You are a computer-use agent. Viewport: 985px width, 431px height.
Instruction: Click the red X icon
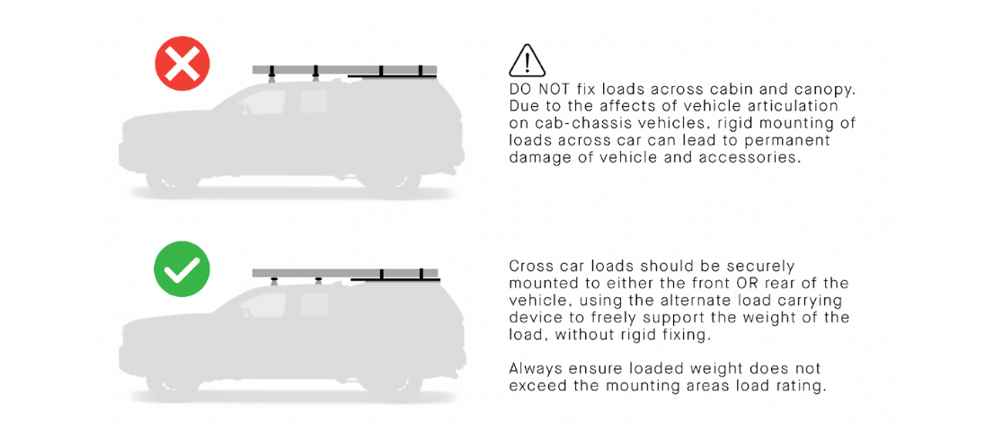click(182, 64)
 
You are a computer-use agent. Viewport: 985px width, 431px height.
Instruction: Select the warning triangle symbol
click(527, 61)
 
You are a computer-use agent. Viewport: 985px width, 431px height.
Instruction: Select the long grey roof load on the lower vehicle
click(345, 273)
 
